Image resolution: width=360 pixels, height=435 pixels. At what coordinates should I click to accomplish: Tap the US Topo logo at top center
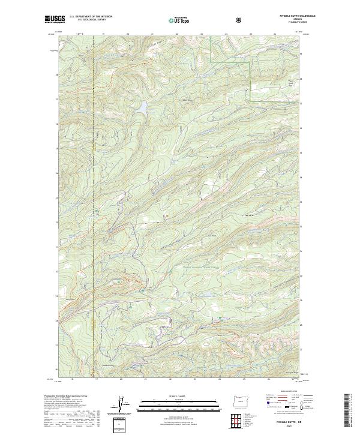click(x=179, y=20)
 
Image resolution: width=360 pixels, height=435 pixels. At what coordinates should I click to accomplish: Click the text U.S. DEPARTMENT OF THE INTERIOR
click(x=91, y=17)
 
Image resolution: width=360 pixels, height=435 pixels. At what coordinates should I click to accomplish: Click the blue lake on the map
click(x=143, y=108)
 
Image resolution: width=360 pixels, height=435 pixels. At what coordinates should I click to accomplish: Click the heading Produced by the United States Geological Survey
click(x=66, y=396)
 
